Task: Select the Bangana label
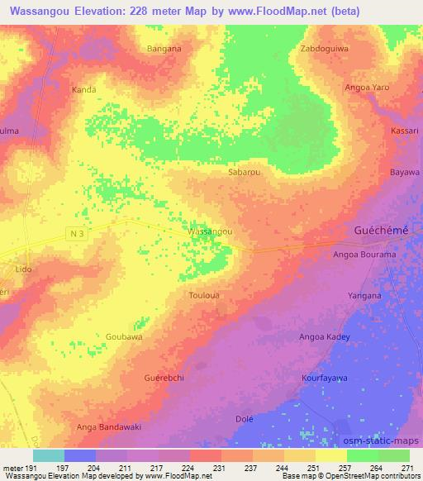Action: click(x=164, y=49)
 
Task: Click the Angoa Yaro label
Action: click(x=367, y=87)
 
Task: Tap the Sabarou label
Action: click(x=244, y=173)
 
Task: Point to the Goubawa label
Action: click(x=125, y=336)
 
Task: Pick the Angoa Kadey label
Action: click(x=325, y=336)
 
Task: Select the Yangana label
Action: click(x=364, y=295)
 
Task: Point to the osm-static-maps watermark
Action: click(x=387, y=441)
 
